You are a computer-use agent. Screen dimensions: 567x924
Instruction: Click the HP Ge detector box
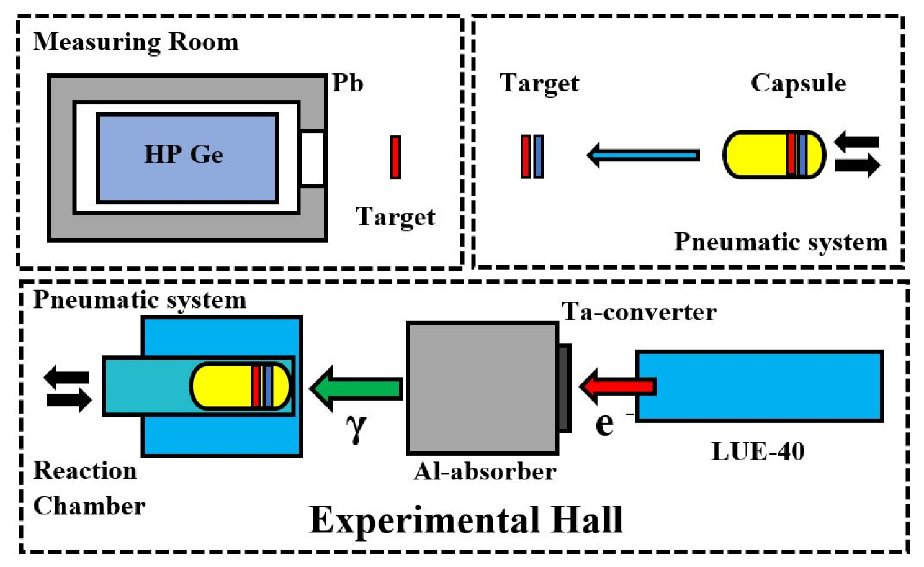coord(187,158)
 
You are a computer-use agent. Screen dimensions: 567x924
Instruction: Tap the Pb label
coord(347,83)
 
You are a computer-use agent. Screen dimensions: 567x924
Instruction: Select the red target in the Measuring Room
coord(395,158)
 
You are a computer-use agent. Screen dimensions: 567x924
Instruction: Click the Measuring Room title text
coord(136,42)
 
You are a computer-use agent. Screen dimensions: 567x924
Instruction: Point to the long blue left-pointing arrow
coord(643,155)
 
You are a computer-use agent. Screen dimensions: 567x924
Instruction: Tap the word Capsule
coord(798,83)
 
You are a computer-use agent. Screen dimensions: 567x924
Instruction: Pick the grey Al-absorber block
coord(482,388)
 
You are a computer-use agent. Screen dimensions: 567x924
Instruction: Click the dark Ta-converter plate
coord(564,388)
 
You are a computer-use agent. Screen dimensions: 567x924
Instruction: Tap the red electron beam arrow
coord(617,386)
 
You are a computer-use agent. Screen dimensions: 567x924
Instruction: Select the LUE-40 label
coord(758,451)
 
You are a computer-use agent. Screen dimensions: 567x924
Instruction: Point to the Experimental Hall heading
coord(465,520)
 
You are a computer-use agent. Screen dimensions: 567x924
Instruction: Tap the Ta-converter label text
coord(639,312)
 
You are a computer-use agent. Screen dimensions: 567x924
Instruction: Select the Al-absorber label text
coord(485,472)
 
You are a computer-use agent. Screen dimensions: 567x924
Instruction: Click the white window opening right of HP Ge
coord(312,158)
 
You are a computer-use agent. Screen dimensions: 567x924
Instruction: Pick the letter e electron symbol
coord(604,424)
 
